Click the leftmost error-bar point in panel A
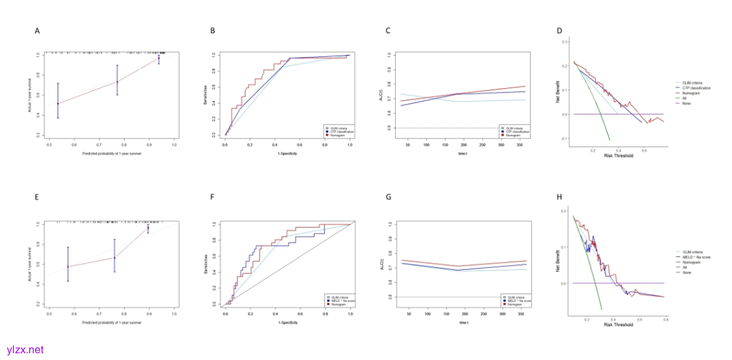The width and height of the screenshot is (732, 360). point(58,104)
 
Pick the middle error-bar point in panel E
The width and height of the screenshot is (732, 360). point(115,258)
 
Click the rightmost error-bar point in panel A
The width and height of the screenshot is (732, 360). point(159,59)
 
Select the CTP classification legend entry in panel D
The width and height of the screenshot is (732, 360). point(695,87)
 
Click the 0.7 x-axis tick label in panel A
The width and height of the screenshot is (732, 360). point(99,144)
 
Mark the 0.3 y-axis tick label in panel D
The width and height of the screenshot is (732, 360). point(565,41)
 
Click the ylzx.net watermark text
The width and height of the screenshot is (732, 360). point(24,350)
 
